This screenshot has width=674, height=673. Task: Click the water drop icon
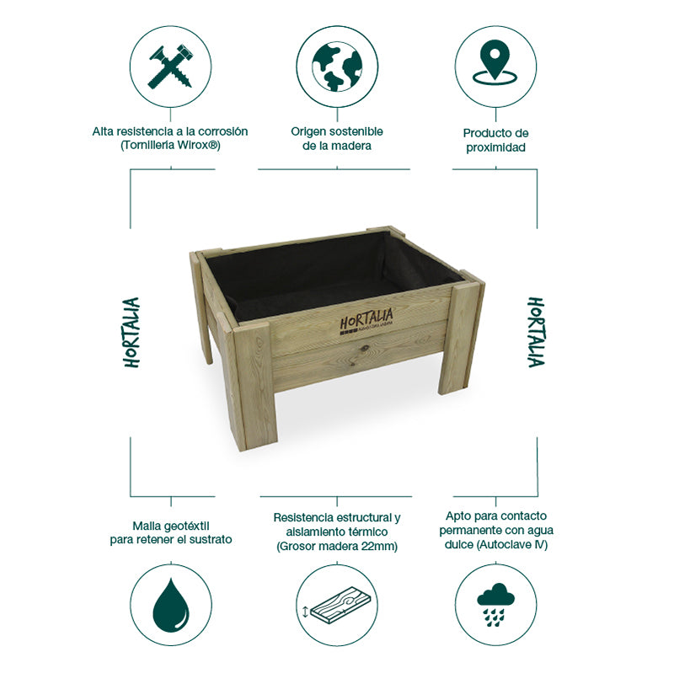(x=171, y=606)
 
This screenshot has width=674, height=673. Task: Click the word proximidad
(x=495, y=147)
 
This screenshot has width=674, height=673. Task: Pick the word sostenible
(x=355, y=131)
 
